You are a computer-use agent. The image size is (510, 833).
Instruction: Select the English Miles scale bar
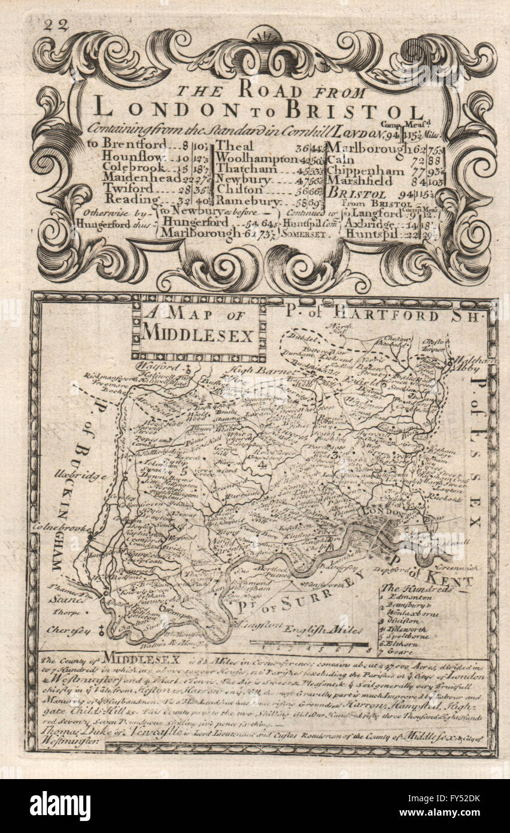point(309,644)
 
